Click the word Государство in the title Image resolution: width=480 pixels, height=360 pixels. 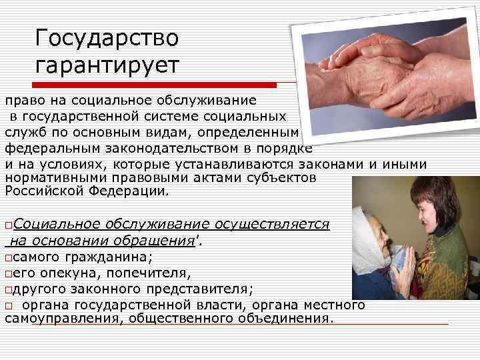107,38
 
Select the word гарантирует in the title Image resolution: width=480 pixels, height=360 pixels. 107,66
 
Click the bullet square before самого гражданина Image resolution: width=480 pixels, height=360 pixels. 8,258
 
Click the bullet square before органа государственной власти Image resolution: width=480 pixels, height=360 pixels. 8,305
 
